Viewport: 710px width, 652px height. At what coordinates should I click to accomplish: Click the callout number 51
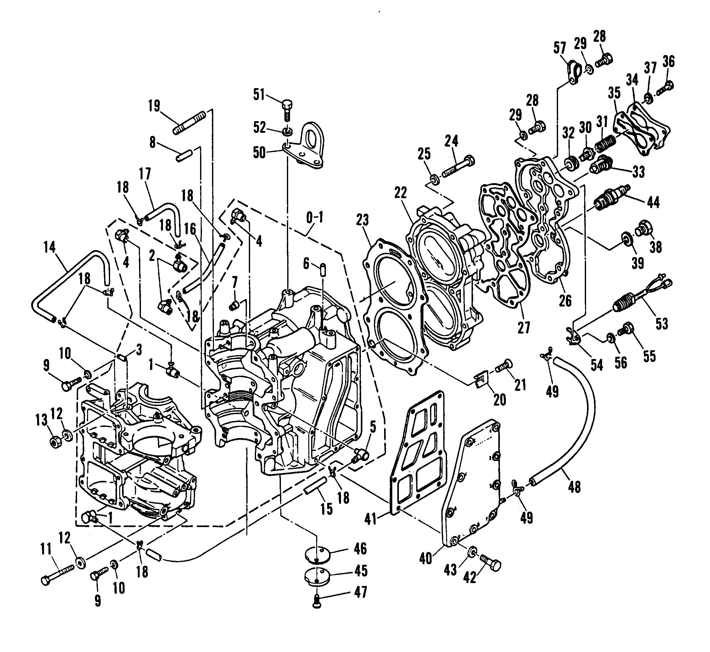click(260, 95)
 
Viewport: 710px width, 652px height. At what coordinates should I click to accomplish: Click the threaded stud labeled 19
click(189, 122)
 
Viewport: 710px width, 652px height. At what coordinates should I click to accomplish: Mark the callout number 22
click(401, 193)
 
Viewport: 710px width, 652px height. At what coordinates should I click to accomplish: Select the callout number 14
click(50, 247)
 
